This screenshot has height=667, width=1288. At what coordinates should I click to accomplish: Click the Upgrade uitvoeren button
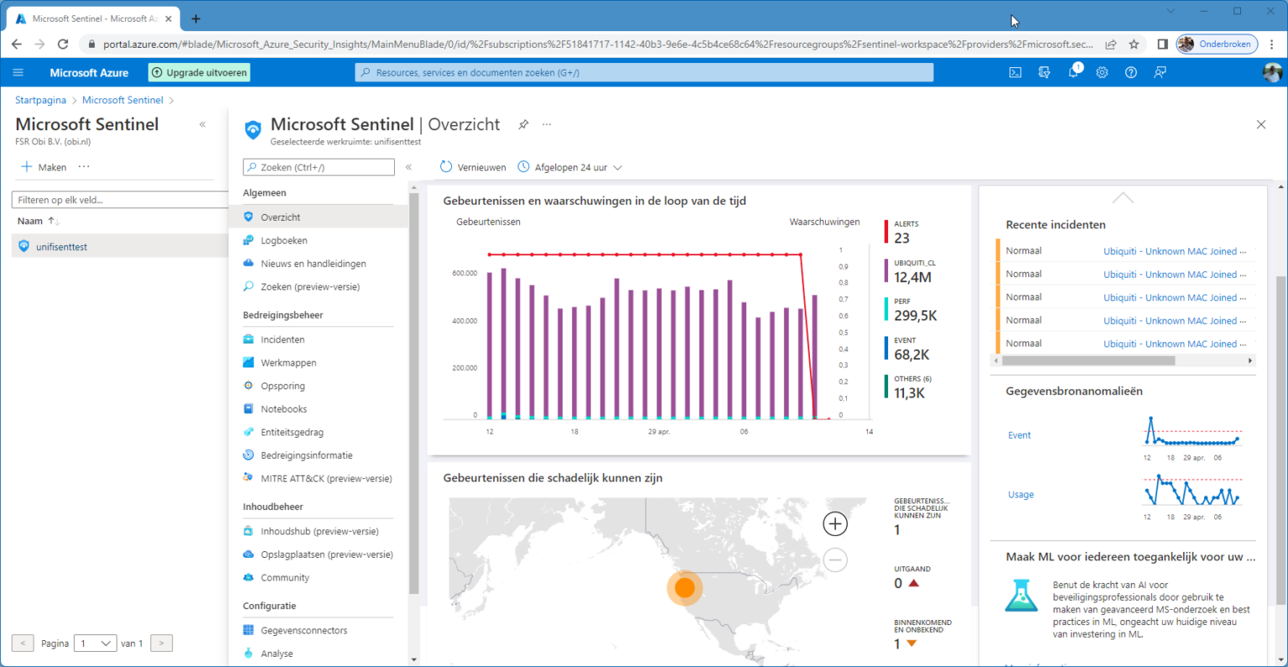coord(200,73)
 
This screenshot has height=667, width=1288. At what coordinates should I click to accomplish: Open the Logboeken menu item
coord(283,241)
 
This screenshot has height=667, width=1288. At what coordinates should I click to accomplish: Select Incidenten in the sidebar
coord(283,340)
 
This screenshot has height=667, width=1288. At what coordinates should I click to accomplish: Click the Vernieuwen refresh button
coord(473,167)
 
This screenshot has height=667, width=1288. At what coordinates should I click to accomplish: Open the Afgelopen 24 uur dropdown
coord(570,167)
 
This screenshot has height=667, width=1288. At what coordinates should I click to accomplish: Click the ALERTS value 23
coord(901,238)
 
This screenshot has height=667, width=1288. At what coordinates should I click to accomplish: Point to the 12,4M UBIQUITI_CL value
coord(912,277)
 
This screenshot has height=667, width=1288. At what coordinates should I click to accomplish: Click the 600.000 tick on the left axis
coord(465,274)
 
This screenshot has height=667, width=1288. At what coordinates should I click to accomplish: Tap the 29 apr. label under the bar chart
coord(659,431)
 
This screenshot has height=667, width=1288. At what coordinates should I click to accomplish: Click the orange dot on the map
coord(684,588)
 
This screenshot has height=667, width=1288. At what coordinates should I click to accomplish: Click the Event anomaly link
coord(1019,435)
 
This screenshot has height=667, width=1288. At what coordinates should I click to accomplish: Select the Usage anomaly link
coord(1021,495)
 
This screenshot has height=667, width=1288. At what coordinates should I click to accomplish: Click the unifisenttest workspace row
coord(61,247)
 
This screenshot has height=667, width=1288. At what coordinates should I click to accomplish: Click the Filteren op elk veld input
coord(117,200)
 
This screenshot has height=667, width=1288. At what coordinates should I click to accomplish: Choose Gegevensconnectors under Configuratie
coord(304,630)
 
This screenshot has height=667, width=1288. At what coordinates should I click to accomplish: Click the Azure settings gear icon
coord(1102,73)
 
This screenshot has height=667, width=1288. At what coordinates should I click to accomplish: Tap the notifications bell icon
coord(1073,73)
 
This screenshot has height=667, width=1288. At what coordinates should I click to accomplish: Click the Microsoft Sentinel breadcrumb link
coord(122,100)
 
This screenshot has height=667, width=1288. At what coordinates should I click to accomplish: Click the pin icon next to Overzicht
coord(523,124)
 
